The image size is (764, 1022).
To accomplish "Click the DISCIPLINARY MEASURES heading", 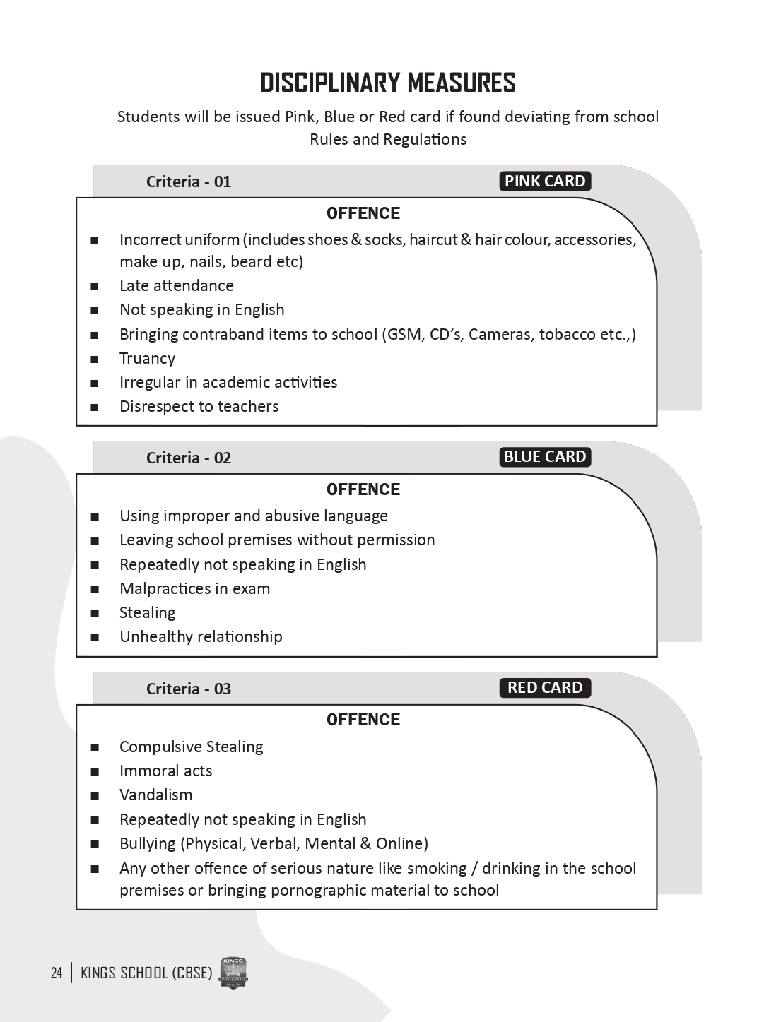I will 387,83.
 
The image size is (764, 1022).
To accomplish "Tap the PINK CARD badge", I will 545,182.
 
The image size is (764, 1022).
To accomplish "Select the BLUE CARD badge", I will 545,457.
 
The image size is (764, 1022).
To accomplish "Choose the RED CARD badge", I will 545,688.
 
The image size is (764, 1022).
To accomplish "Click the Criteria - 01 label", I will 189,182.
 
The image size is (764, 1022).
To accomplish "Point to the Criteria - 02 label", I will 189,458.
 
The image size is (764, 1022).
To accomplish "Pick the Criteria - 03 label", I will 189,689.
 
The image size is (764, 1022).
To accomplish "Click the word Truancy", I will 147,359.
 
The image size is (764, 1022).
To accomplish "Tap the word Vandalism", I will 155,795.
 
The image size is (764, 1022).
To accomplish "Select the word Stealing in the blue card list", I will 147,613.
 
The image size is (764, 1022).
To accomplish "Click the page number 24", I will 57,973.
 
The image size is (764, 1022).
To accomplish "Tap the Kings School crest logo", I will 233,973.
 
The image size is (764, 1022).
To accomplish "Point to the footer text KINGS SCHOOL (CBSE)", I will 146,973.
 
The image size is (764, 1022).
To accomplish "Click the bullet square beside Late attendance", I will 95,287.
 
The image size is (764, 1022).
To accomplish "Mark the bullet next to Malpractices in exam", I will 95,590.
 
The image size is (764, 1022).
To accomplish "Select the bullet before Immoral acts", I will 95,772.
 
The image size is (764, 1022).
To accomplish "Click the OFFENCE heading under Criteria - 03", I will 363,720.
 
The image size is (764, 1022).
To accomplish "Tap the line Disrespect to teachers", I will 199,407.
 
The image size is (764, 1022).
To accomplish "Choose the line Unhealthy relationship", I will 201,637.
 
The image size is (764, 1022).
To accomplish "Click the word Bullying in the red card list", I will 148,844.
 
